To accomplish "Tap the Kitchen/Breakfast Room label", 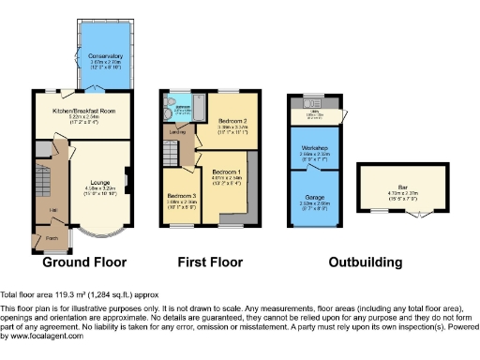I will click(82, 110).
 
